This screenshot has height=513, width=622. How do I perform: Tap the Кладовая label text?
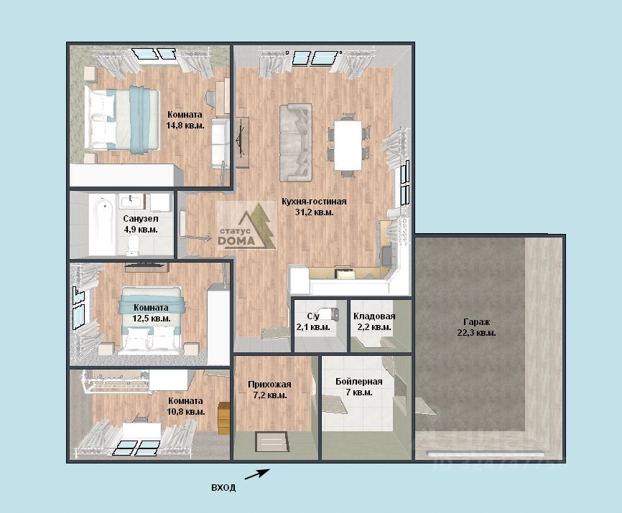click(x=374, y=316)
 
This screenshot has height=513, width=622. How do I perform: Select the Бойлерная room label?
click(x=359, y=382)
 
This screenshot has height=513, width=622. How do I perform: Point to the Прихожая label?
click(x=269, y=385)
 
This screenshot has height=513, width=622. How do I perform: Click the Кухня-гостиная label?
click(x=314, y=202)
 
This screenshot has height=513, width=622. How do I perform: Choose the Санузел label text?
click(x=141, y=219)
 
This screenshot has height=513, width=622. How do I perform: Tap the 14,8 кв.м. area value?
click(x=185, y=126)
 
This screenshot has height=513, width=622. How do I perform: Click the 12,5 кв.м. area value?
click(x=152, y=319)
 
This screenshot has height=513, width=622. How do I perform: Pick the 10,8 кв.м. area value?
click(x=186, y=412)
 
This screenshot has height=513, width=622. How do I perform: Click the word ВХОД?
click(x=223, y=488)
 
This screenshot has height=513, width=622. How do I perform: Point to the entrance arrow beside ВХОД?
click(x=257, y=474)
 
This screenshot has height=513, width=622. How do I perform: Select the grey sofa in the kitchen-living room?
click(x=295, y=143)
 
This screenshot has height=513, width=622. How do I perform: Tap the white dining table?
click(x=348, y=145)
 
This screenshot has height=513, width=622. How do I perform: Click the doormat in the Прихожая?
click(x=271, y=442)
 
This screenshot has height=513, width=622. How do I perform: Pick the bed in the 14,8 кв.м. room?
click(x=122, y=119)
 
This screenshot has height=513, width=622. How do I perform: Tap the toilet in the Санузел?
click(x=132, y=245)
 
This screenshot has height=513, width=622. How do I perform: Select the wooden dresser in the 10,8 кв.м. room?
click(x=224, y=418)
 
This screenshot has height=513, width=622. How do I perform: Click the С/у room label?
click(x=313, y=316)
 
